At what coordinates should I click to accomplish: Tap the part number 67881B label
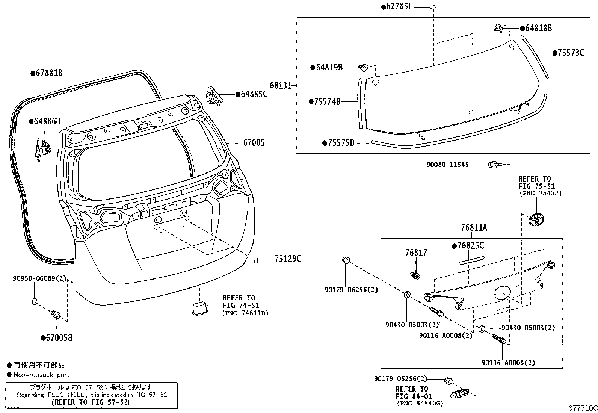tap(48, 73)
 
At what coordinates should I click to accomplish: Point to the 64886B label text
tap(47, 121)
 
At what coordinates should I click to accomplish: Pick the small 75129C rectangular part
tap(256, 259)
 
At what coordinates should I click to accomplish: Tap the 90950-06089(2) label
tap(39, 278)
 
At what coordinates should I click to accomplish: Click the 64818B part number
tap(538, 28)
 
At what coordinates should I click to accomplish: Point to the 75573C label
tap(570, 53)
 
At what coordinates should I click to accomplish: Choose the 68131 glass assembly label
tap(280, 86)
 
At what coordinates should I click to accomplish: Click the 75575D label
tap(340, 143)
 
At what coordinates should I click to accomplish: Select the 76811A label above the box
tap(474, 228)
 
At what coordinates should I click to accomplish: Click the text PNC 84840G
tap(420, 403)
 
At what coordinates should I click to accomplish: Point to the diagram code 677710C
tap(582, 408)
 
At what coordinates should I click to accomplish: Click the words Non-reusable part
tap(41, 375)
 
